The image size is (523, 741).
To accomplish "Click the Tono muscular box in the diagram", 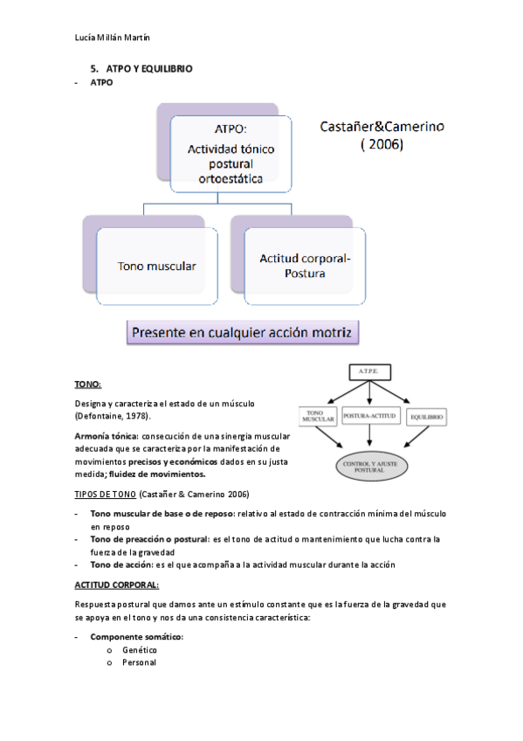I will (156, 266).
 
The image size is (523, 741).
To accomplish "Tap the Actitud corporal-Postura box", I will (304, 266).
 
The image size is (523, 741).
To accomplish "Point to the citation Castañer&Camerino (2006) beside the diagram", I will (382, 136).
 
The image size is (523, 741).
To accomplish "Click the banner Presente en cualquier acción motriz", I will (243, 333).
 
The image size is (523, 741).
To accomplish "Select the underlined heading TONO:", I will (87, 384).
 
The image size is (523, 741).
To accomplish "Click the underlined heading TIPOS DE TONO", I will (105, 494).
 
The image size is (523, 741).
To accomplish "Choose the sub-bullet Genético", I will (139, 649).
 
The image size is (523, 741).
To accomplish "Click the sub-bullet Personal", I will (139, 662).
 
